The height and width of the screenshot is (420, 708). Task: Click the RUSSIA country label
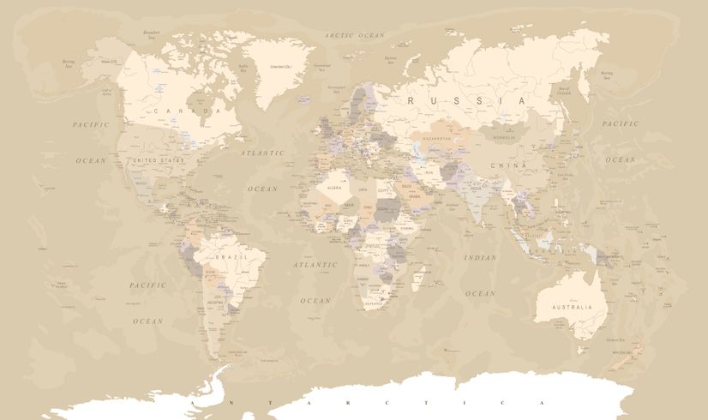tap(466, 100)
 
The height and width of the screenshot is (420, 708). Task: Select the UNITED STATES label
tap(157, 160)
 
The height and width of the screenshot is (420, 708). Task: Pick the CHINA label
tap(502, 164)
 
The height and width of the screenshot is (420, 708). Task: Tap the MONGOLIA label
tap(502, 136)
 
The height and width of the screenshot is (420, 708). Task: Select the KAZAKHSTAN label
tap(436, 138)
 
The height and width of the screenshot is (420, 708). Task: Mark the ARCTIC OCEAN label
tap(355, 35)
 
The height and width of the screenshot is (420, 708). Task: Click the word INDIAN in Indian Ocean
tap(480, 257)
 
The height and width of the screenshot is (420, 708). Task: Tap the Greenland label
tap(275, 66)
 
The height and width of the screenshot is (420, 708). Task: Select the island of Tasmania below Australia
tap(582, 350)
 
